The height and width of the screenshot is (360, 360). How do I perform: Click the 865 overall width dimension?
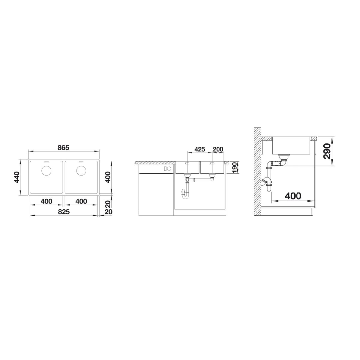tap(63, 148)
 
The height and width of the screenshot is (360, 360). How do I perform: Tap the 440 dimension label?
tap(17, 177)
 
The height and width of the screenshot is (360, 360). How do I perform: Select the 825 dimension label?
tap(64, 212)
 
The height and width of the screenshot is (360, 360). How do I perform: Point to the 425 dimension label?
tap(200, 149)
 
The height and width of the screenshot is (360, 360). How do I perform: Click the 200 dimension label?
tap(218, 149)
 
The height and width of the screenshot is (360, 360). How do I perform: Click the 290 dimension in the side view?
tap(327, 151)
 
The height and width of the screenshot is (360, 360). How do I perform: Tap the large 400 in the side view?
tap(293, 196)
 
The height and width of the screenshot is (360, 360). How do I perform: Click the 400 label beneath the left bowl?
tap(46, 201)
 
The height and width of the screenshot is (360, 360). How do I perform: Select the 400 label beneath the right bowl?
tap(81, 201)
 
